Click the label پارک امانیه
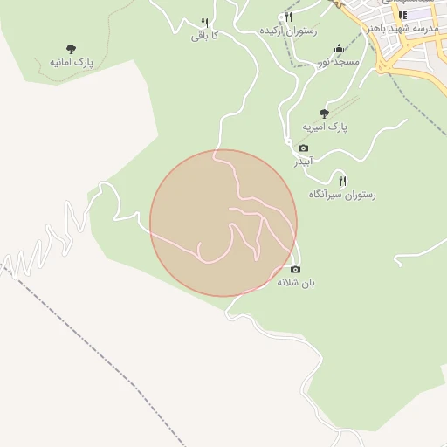point(72,63)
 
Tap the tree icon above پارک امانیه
point(71,49)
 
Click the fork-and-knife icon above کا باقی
point(204,23)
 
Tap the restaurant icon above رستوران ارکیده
point(288,17)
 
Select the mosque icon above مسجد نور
point(339,49)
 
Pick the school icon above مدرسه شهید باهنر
point(402,15)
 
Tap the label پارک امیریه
point(325,127)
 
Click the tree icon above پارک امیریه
point(325,113)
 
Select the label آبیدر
point(302,162)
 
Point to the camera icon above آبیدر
point(303,148)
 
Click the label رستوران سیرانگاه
point(341,195)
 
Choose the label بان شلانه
point(295,283)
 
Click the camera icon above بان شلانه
point(295,270)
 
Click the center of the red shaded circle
point(223,223)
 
